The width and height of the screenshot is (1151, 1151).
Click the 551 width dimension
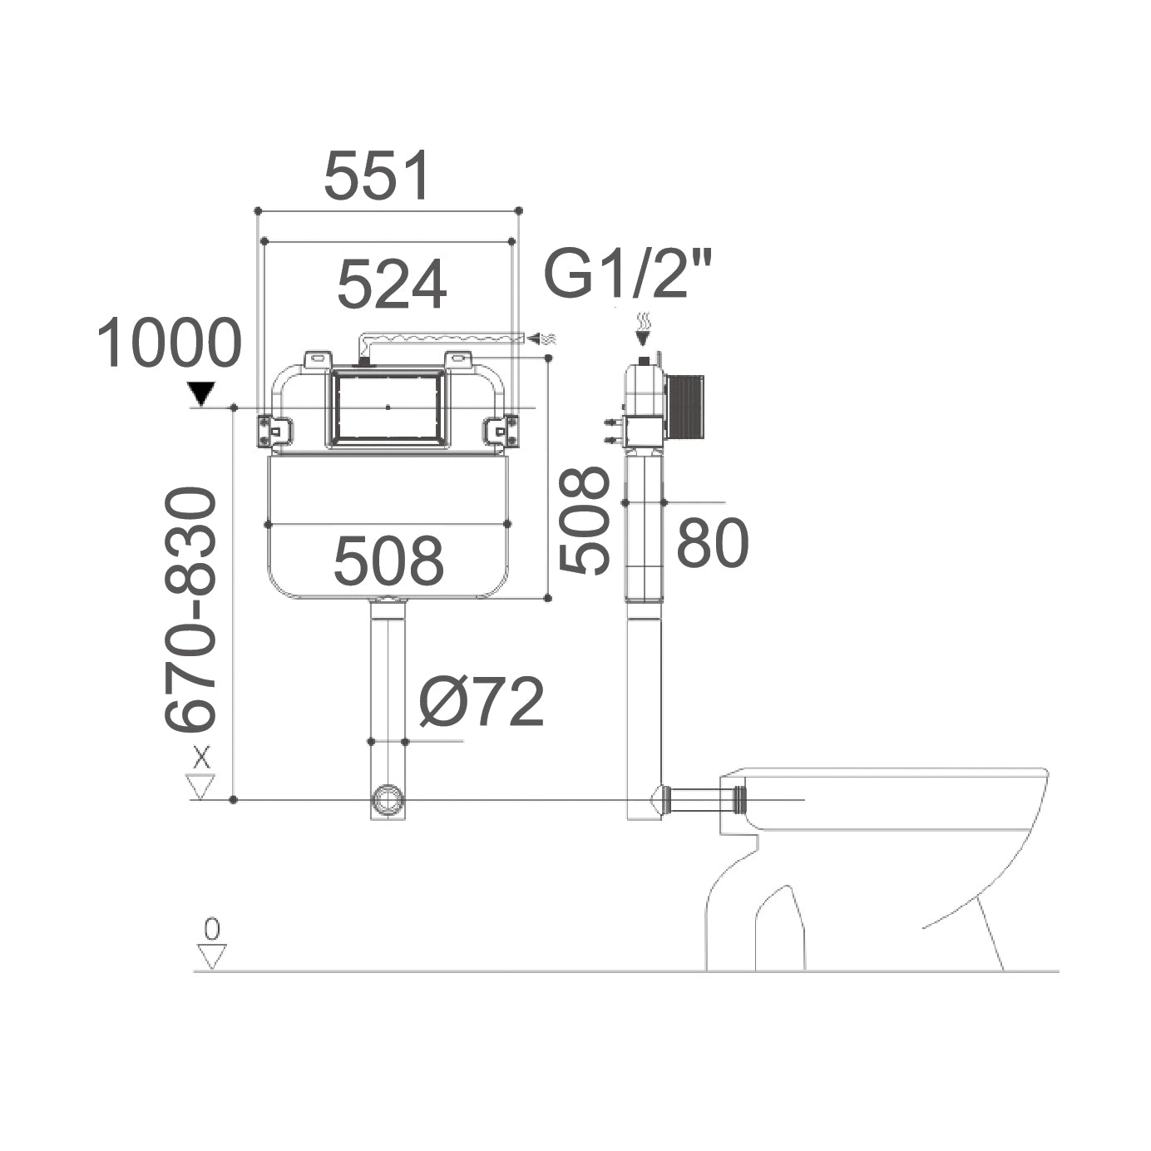click(378, 175)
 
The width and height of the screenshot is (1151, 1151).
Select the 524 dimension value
click(392, 284)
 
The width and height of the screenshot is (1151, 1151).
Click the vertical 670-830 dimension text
click(191, 610)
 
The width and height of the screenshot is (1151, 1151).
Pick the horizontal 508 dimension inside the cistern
click(388, 560)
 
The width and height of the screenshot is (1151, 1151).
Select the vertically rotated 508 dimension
click(585, 520)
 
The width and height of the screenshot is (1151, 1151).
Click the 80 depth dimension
click(713, 545)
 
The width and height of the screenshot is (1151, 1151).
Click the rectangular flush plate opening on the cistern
click(388, 407)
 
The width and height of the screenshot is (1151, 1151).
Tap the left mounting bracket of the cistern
click(274, 430)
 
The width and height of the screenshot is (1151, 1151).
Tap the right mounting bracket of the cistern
click(501, 430)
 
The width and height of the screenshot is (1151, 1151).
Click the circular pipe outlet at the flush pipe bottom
click(387, 800)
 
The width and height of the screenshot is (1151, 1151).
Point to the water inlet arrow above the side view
click(643, 331)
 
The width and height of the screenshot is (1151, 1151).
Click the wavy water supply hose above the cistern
click(441, 337)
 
